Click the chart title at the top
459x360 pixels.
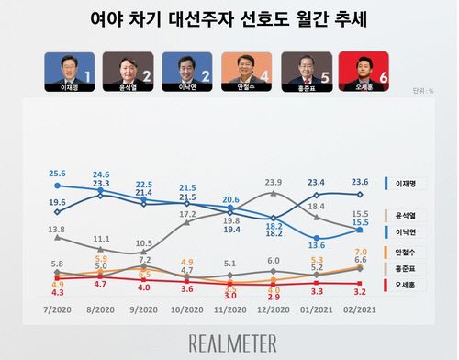tap(229, 19)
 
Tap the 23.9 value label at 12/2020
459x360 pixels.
tap(274, 183)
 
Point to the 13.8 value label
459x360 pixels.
tap(57, 230)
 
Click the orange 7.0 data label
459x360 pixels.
tap(361, 252)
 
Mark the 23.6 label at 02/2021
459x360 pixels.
tap(361, 182)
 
